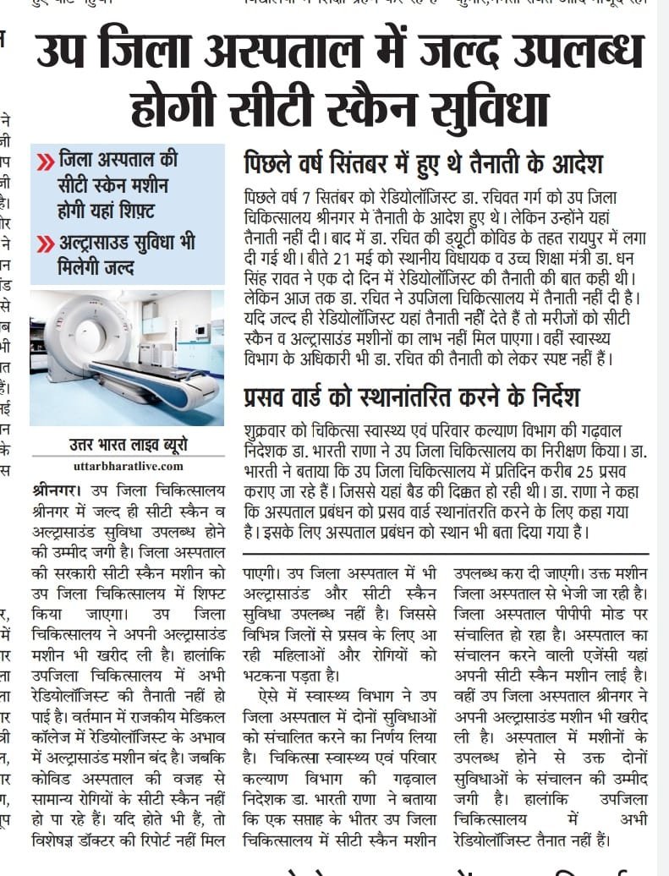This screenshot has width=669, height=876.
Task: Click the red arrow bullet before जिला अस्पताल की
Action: coord(45,161)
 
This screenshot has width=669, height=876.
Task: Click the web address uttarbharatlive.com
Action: coord(127,466)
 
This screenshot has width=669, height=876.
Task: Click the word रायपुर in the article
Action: coord(581,238)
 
